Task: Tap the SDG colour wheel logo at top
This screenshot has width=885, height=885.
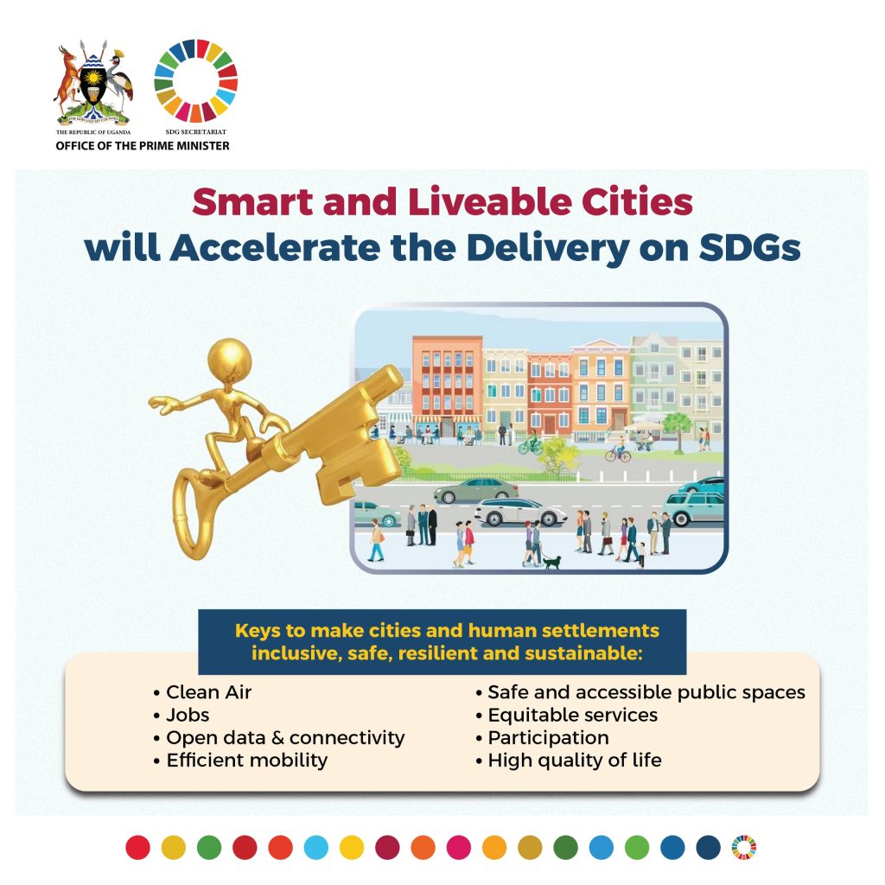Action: point(196,80)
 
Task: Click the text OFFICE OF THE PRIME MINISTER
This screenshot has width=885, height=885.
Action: point(143,145)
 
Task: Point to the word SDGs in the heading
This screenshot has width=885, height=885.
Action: point(749,247)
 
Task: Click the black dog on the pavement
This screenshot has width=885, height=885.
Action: point(551,562)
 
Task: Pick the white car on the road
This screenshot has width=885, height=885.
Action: point(519,512)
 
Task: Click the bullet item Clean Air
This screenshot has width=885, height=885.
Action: point(202,692)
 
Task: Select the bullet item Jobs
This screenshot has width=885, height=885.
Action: point(181,715)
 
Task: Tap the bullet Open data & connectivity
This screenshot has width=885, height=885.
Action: point(279,738)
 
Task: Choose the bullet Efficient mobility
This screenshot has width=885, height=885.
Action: point(240,761)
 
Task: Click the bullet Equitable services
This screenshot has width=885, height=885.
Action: point(567,715)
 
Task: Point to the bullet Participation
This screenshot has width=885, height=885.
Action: point(543,738)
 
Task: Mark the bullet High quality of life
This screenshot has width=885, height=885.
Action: point(569,761)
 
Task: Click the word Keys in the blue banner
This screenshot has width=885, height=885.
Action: point(258,630)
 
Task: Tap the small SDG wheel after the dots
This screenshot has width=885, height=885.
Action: point(744,847)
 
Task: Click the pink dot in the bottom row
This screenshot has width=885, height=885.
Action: point(458,847)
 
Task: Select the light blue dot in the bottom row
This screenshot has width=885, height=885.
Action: point(316,847)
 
